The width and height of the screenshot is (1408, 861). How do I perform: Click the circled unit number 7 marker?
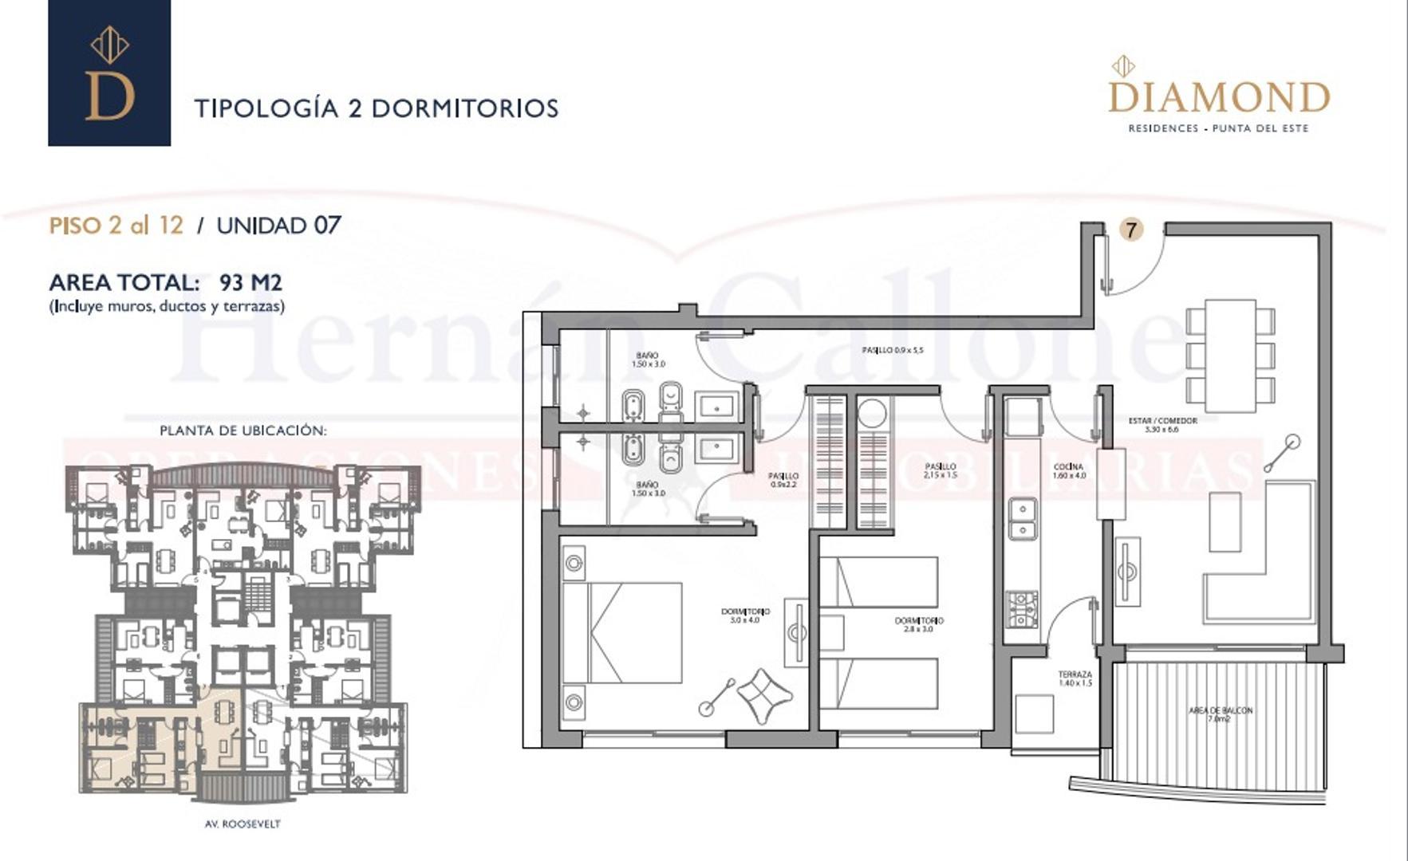click(1130, 230)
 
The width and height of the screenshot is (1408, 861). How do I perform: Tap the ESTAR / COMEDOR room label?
click(1162, 425)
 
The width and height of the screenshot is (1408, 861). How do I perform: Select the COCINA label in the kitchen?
click(1068, 470)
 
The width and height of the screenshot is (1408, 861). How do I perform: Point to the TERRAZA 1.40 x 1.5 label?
click(1075, 678)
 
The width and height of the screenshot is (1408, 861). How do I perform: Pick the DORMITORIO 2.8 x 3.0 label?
click(919, 624)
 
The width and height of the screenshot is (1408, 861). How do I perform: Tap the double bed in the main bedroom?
click(622, 632)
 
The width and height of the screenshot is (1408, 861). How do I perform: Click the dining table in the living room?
click(1230, 355)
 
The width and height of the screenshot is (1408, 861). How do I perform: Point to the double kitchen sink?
click(1022, 518)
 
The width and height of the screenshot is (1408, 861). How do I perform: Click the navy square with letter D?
click(109, 73)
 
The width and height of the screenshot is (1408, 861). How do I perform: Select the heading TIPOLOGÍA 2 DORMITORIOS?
click(377, 108)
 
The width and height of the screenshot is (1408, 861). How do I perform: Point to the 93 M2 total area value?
click(250, 282)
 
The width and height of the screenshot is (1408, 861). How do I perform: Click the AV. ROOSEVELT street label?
click(243, 824)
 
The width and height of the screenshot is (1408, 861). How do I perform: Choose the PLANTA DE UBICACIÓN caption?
click(243, 431)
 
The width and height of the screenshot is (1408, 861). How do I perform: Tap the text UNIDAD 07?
click(278, 226)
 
